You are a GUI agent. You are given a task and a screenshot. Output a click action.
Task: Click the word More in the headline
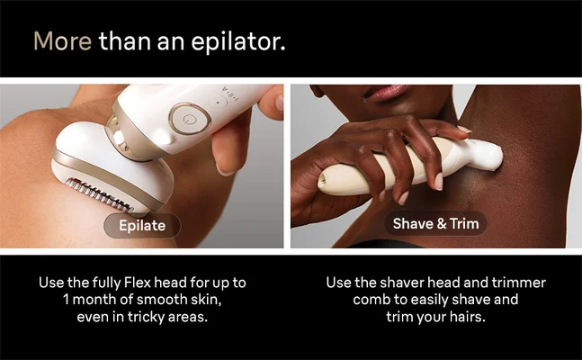tap(62, 41)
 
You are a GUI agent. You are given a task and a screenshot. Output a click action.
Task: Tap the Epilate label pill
tap(141, 225)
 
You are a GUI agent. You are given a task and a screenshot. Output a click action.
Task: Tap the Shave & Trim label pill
tap(435, 223)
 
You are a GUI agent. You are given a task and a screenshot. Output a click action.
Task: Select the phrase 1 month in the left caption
tap(90, 300)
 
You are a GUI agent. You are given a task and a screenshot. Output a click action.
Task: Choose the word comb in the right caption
tap(371, 300)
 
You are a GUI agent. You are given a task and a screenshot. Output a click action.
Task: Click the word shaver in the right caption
tap(418, 283)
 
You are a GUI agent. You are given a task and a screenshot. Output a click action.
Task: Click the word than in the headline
tap(117, 41)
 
